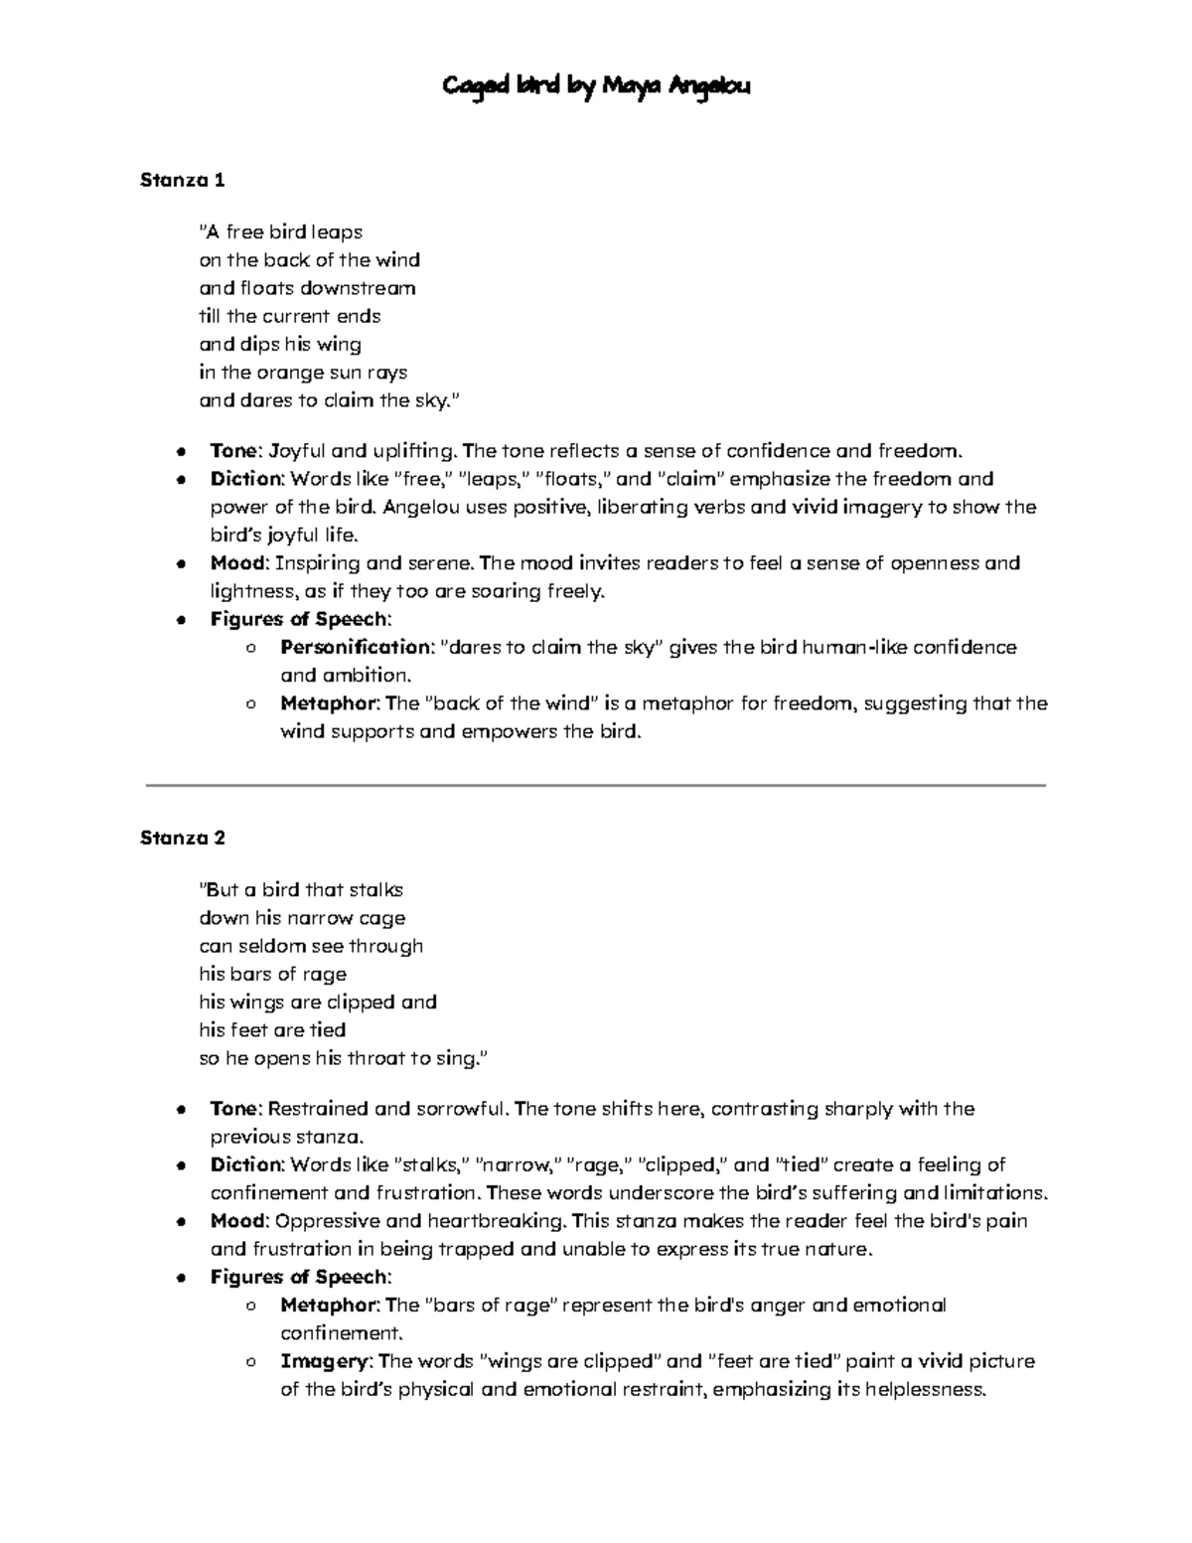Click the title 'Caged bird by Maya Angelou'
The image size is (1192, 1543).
coord(596,87)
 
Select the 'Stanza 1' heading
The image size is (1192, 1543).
coord(183,181)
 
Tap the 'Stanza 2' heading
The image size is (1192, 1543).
coord(183,838)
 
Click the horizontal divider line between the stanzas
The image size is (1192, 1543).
coord(596,785)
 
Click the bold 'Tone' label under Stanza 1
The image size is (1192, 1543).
coord(233,451)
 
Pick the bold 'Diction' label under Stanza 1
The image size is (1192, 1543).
coord(246,479)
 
